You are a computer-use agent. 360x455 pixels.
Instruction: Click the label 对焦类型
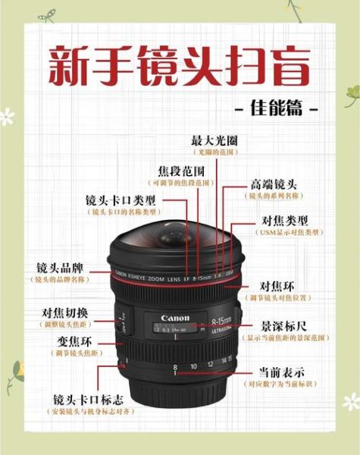(280, 220)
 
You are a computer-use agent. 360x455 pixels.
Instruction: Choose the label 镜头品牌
(63, 268)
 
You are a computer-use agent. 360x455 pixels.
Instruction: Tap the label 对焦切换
(65, 312)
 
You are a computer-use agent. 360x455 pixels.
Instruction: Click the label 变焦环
(76, 341)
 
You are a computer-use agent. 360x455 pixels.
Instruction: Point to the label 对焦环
(277, 286)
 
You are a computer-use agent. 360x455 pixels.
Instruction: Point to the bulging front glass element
(177, 235)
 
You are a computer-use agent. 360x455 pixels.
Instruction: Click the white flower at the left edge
(7, 117)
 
